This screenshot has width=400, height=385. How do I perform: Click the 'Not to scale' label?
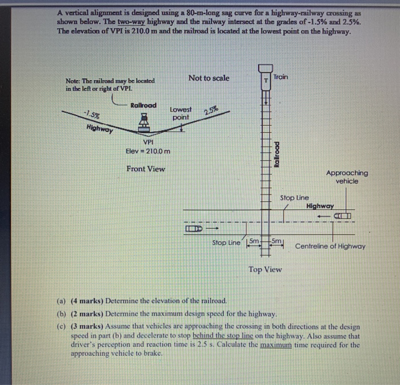209,78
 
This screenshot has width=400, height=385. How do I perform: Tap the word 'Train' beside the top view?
281,77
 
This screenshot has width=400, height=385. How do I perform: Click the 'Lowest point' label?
181,113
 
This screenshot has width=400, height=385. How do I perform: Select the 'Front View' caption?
146,169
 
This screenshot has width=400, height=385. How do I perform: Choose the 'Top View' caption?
265,269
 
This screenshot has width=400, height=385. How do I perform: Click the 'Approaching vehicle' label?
347,177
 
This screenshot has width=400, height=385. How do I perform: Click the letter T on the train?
265,81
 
